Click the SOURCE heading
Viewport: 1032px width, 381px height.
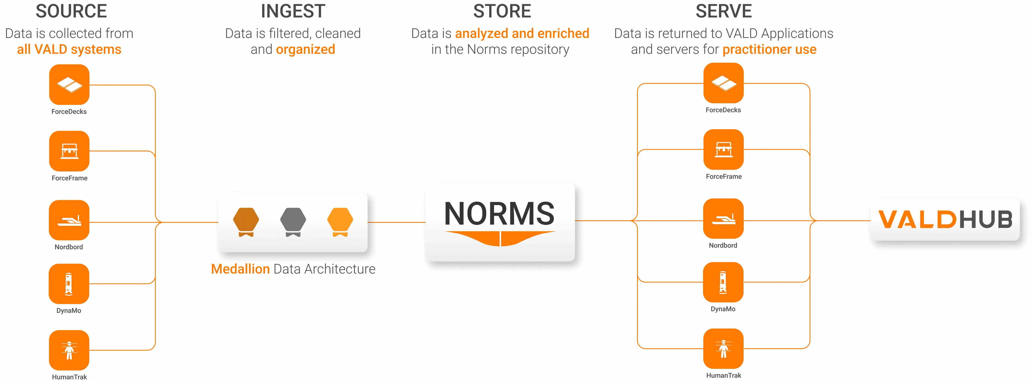point(71,11)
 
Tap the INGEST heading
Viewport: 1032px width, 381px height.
point(293,11)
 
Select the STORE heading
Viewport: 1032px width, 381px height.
point(502,11)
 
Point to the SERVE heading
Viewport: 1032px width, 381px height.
point(723,11)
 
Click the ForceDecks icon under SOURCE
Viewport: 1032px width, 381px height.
point(69,85)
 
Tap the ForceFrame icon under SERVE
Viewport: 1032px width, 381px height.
point(723,149)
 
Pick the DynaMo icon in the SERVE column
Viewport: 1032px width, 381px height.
point(723,282)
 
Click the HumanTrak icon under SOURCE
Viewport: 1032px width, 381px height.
point(69,350)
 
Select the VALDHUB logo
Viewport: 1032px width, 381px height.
point(945,219)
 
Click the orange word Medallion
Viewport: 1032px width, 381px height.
point(240,269)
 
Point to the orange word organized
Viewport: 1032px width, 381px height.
point(305,49)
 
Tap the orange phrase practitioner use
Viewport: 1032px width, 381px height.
point(769,49)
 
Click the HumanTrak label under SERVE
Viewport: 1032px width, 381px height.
point(723,375)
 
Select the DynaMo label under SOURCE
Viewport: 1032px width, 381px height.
point(69,311)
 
